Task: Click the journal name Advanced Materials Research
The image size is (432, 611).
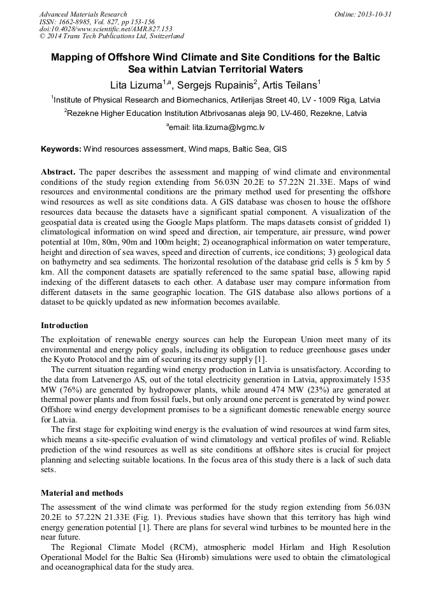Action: pos(83,14)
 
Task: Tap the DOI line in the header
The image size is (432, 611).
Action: pos(106,29)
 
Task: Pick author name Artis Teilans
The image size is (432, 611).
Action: pos(289,85)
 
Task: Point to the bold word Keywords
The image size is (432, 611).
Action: pos(61,150)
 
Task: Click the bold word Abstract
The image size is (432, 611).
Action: pos(59,173)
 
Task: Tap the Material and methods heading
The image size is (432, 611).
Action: pos(82,492)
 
